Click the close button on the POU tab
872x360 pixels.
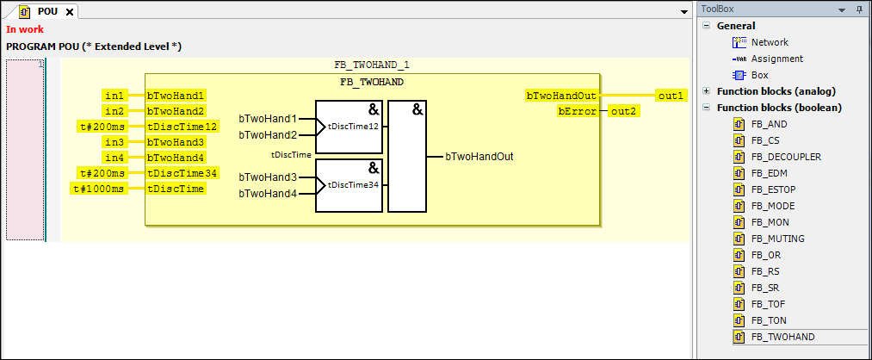pos(70,11)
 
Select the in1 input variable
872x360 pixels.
pos(114,95)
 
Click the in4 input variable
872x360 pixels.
pos(114,157)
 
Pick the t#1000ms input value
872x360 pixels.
pos(99,188)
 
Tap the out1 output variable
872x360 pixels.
pos(671,95)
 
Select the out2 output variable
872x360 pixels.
pos(623,110)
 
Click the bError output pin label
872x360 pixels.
pos(577,110)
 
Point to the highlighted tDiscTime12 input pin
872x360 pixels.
pos(182,126)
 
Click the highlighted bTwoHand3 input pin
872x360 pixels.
pos(176,141)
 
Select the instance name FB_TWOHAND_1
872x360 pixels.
pos(372,65)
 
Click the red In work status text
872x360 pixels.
pos(24,29)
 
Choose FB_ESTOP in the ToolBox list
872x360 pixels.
pos(772,189)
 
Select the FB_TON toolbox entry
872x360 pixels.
pos(768,320)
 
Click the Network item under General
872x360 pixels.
pos(769,42)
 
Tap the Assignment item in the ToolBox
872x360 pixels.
pos(776,59)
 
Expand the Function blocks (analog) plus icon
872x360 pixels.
pos(707,91)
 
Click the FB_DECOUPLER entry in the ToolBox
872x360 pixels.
pos(785,157)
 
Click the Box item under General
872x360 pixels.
pos(760,75)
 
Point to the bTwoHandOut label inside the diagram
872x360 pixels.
pos(479,157)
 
